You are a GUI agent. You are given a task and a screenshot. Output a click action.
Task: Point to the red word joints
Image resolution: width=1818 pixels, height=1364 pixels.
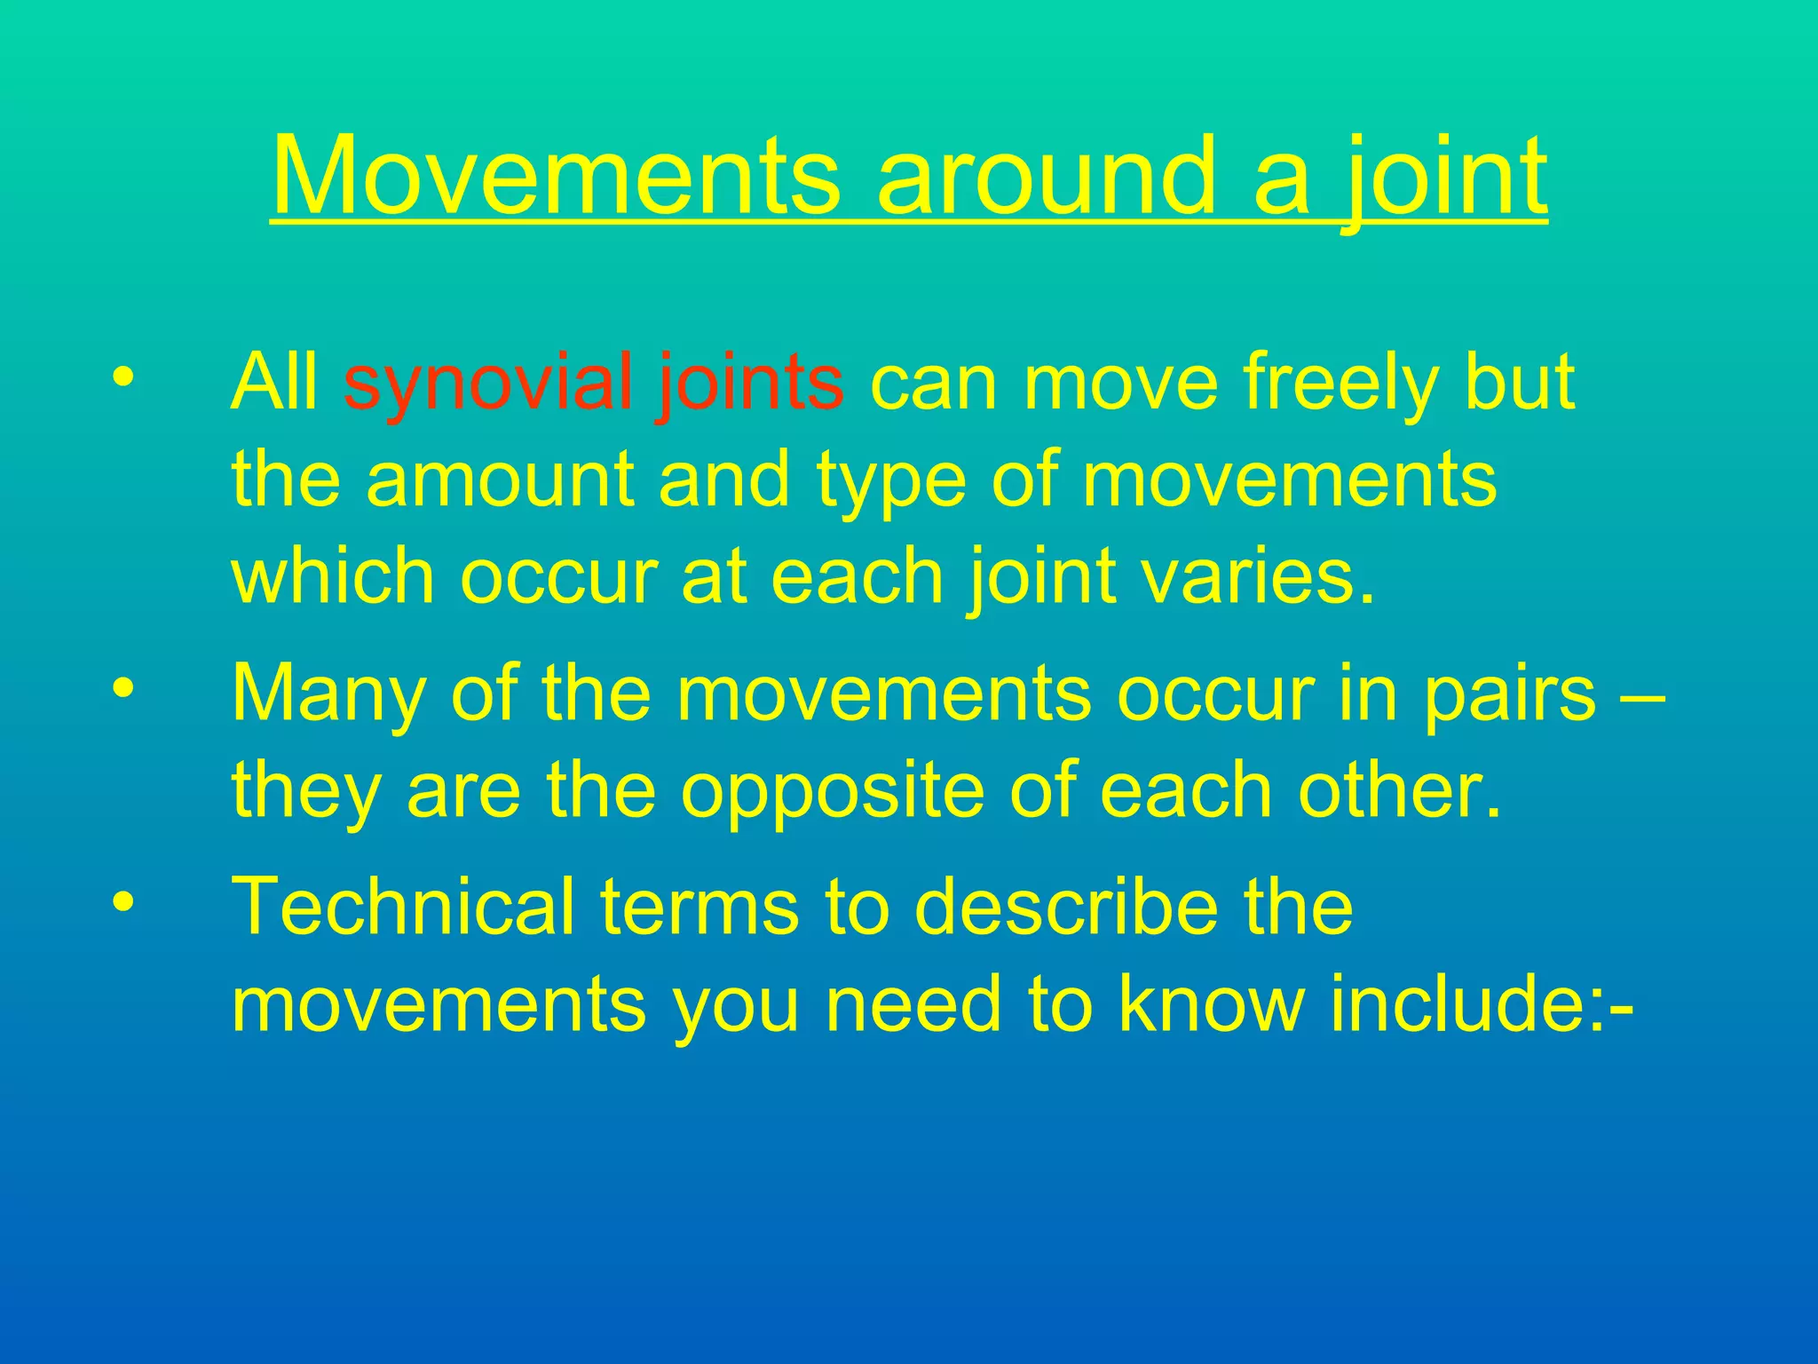coord(750,384)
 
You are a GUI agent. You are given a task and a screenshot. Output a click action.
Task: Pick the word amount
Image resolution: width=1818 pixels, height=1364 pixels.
coord(499,480)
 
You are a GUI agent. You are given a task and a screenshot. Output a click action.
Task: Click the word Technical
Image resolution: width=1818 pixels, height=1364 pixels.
coord(402,908)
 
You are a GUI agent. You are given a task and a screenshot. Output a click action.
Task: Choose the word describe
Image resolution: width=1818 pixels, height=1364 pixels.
coord(1065,908)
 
